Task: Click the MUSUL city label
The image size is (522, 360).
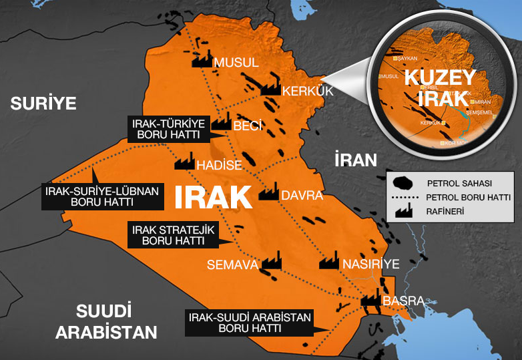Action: [x=236, y=62]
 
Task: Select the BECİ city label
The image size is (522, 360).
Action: [x=247, y=126]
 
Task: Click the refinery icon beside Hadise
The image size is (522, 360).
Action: [x=184, y=162]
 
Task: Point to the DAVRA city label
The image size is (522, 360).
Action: [x=302, y=196]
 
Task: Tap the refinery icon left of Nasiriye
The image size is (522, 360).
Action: [x=328, y=261]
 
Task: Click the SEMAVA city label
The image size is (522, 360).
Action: [x=232, y=265]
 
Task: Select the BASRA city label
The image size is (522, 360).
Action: [x=403, y=301]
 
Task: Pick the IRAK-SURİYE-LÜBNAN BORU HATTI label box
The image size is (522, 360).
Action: [x=102, y=196]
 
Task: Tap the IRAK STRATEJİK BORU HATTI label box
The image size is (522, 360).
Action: [x=173, y=234]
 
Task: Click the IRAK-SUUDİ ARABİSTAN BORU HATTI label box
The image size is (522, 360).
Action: [x=250, y=323]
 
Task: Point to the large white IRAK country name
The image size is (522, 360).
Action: [x=213, y=196]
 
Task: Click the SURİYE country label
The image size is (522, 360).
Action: [x=43, y=103]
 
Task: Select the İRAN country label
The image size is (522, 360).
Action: [x=355, y=160]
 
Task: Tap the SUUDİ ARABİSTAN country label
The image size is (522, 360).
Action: [x=107, y=321]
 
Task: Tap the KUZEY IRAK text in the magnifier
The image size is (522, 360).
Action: [x=439, y=87]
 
